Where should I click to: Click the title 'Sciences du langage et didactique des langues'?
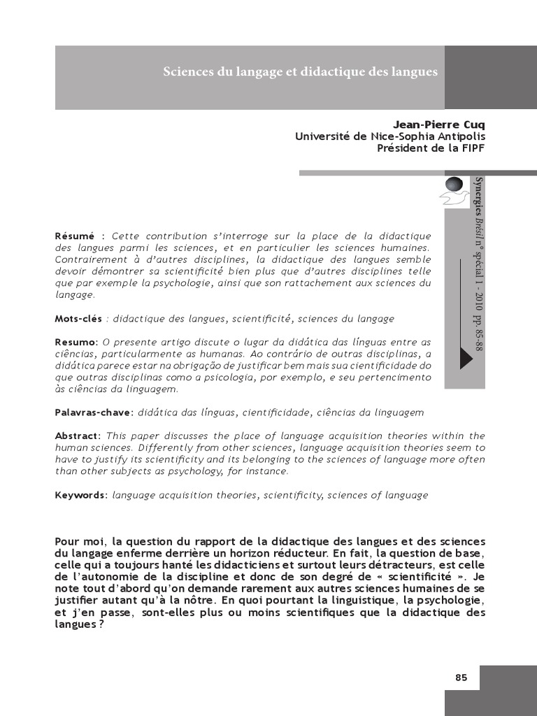(300, 72)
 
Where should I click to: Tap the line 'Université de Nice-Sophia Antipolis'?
(390, 136)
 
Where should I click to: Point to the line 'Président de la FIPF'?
(431, 148)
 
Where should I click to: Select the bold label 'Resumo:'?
(76, 342)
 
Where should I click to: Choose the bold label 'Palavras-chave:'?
(94, 413)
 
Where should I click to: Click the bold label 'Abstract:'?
(78, 436)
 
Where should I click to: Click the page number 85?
(461, 678)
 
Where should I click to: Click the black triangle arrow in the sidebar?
(466, 357)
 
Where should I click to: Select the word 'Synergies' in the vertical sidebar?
(478, 197)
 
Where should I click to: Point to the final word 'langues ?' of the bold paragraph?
(79, 625)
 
